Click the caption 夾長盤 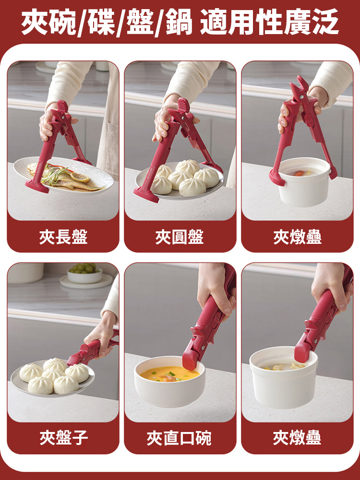coord(63,237)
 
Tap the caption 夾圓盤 coord(180,237)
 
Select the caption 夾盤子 coord(63,438)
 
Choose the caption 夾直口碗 coord(180,438)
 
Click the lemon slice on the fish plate coord(80,178)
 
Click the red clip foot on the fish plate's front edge coord(37,186)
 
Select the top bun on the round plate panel coord(188,167)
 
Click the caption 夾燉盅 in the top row coord(297,237)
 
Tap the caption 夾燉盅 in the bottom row coord(297,438)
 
